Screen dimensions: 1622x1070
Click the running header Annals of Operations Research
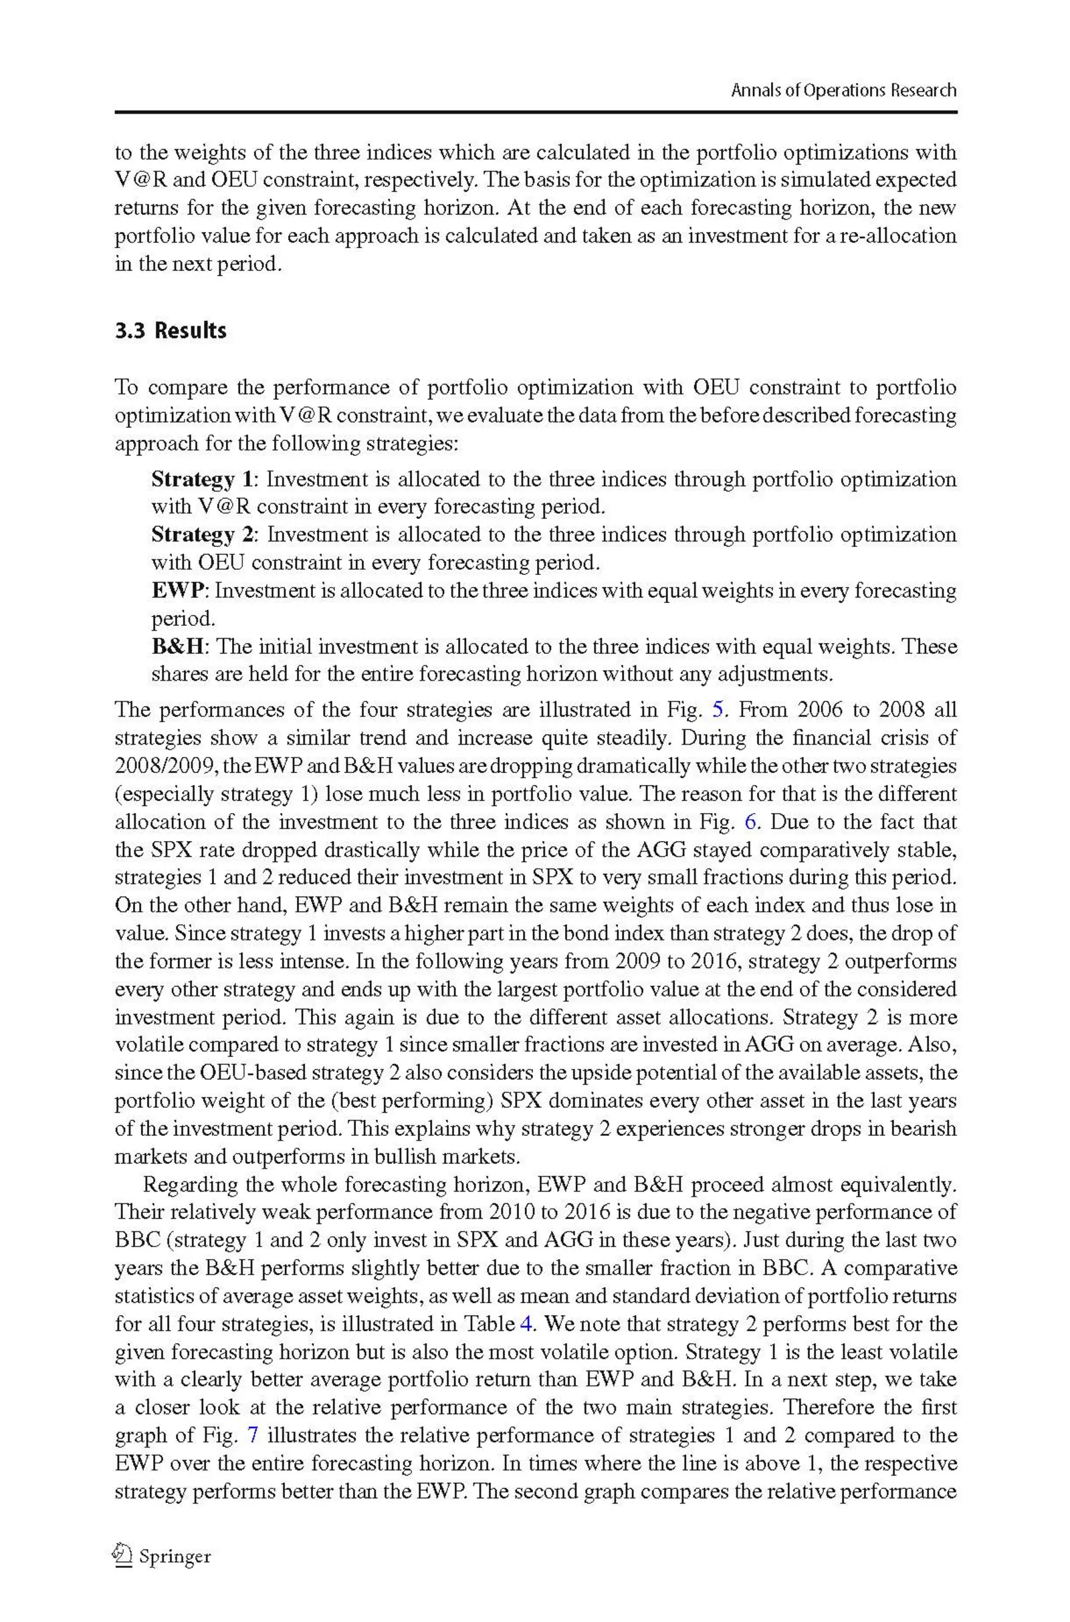(843, 90)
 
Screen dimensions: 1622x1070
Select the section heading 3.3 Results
(170, 331)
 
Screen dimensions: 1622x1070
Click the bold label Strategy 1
(201, 479)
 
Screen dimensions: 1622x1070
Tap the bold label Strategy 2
(201, 534)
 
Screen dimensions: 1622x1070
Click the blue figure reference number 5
(717, 709)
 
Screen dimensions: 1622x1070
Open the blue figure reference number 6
(750, 821)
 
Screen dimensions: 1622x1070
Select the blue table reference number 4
(526, 1324)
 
